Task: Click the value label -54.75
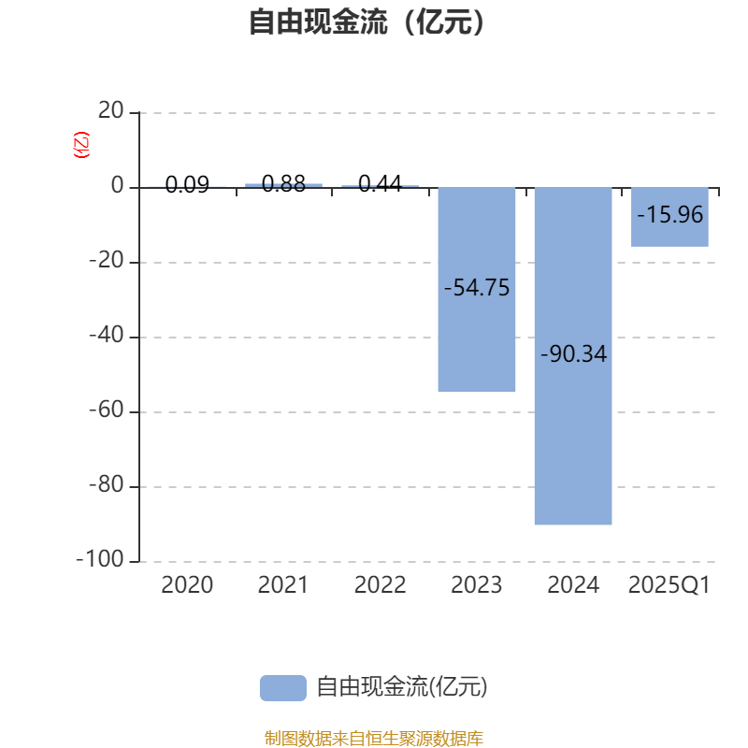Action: (477, 288)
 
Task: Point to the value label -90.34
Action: (573, 355)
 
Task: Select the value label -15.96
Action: (669, 215)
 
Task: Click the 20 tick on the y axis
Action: (111, 112)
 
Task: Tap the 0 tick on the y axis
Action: (118, 187)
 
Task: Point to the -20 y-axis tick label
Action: (107, 262)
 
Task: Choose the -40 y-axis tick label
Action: (107, 337)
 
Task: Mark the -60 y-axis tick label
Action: (107, 411)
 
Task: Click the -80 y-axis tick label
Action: (107, 486)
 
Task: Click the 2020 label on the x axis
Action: (187, 585)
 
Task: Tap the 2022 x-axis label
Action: (380, 585)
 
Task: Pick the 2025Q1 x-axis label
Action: (669, 585)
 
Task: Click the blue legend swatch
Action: (282, 687)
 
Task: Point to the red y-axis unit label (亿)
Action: (81, 145)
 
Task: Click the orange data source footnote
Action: (373, 739)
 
